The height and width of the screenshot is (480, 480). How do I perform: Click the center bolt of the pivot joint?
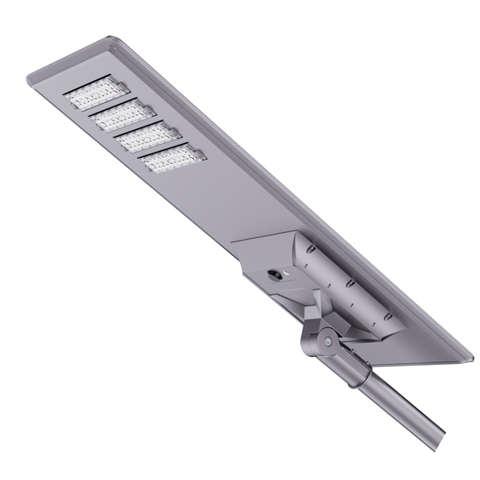coord(326,341)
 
